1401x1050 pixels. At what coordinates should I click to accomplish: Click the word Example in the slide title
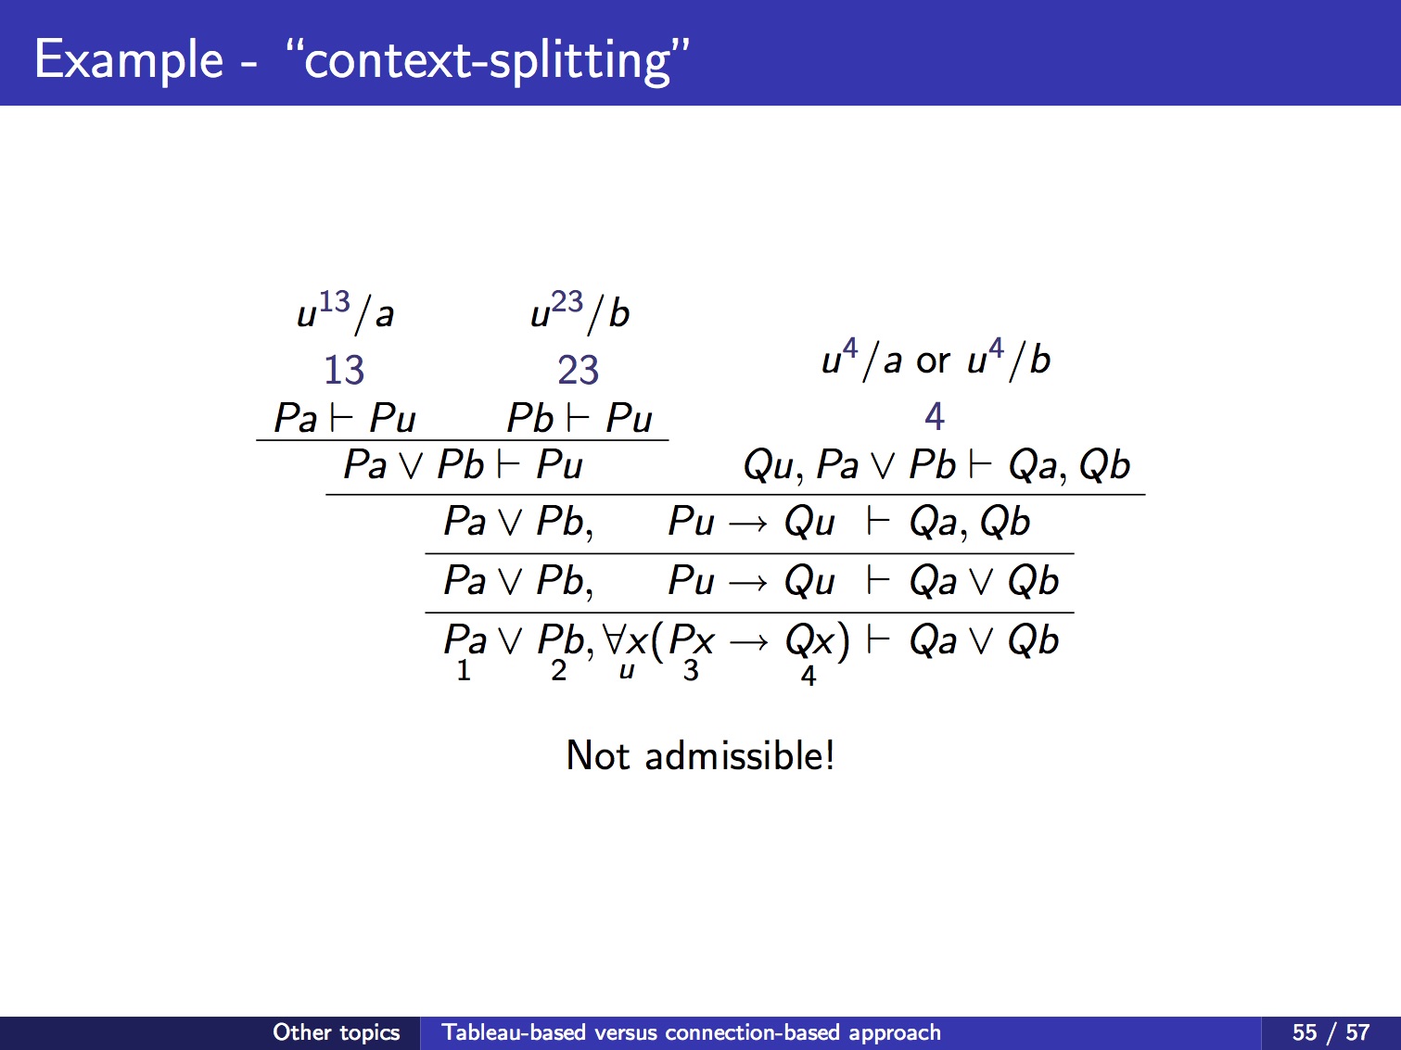point(129,60)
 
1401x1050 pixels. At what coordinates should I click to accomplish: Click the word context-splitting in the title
point(488,60)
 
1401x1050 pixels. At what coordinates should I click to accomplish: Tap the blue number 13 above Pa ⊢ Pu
point(344,370)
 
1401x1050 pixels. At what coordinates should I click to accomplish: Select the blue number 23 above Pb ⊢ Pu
point(579,370)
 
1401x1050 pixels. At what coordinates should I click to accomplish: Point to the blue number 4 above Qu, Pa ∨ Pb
point(935,416)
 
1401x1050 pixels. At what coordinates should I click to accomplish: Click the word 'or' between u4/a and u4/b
point(933,361)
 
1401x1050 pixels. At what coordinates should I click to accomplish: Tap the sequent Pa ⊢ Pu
point(345,419)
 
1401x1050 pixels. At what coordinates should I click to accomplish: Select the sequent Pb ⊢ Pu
point(580,419)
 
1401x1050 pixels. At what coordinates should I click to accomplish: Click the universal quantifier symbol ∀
point(614,639)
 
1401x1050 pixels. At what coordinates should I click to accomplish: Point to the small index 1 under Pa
point(464,670)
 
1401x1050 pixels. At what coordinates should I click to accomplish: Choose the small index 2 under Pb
point(558,670)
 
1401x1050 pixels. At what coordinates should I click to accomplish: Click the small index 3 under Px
point(691,670)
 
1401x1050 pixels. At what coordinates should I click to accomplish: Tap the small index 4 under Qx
point(809,676)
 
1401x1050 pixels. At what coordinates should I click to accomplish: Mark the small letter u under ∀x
point(627,670)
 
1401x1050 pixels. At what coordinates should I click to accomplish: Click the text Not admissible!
point(700,755)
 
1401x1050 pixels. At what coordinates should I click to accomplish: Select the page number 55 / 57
point(1331,1032)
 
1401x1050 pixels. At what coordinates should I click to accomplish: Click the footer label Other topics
point(337,1032)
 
